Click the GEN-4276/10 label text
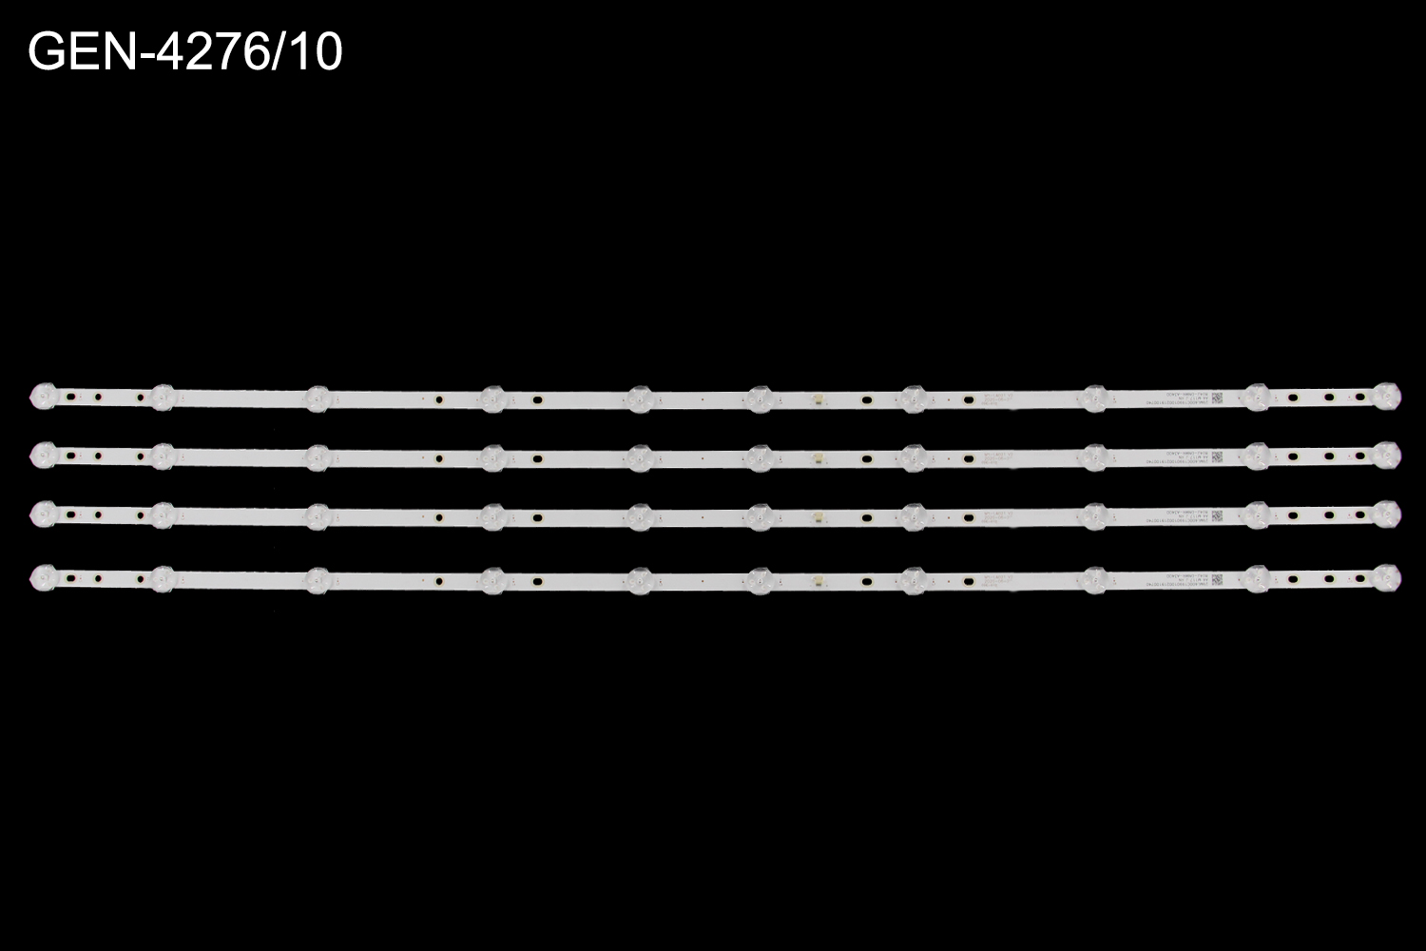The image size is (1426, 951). [x=185, y=52]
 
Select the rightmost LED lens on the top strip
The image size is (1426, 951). [x=1387, y=396]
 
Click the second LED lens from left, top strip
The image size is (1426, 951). [x=162, y=396]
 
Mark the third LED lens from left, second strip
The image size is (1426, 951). [x=317, y=456]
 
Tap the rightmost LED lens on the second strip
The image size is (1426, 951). [x=1387, y=456]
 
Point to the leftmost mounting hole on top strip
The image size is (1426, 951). [x=70, y=397]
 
